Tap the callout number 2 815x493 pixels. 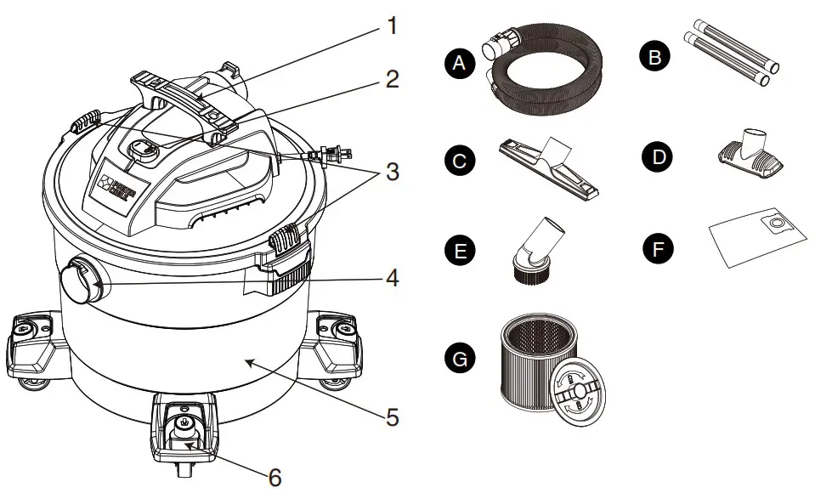[392, 80]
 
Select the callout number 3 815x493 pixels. [392, 171]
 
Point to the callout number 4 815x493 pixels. [392, 277]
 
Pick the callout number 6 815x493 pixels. [274, 477]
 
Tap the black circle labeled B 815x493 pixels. [655, 58]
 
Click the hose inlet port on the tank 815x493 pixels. [79, 279]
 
